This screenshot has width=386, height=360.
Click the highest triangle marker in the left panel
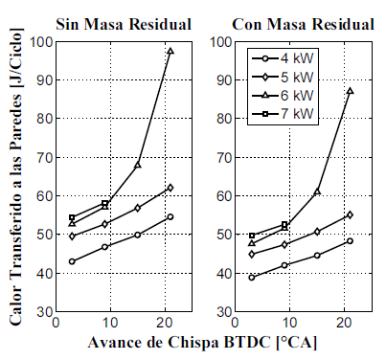pyautogui.click(x=170, y=51)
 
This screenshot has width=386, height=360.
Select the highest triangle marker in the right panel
pyautogui.click(x=350, y=91)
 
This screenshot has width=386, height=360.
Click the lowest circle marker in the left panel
pyautogui.click(x=72, y=261)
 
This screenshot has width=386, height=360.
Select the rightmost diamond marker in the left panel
pyautogui.click(x=170, y=188)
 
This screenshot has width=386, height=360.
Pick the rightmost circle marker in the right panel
pyautogui.click(x=350, y=240)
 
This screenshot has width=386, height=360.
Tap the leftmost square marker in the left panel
pyautogui.click(x=72, y=217)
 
